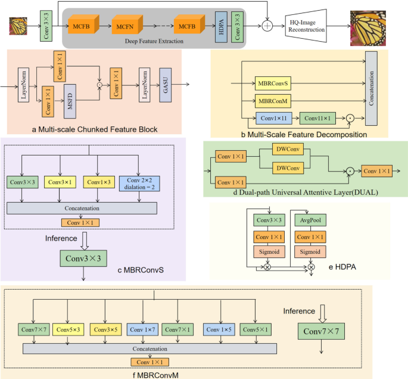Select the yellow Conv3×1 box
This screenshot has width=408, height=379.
click(x=61, y=181)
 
